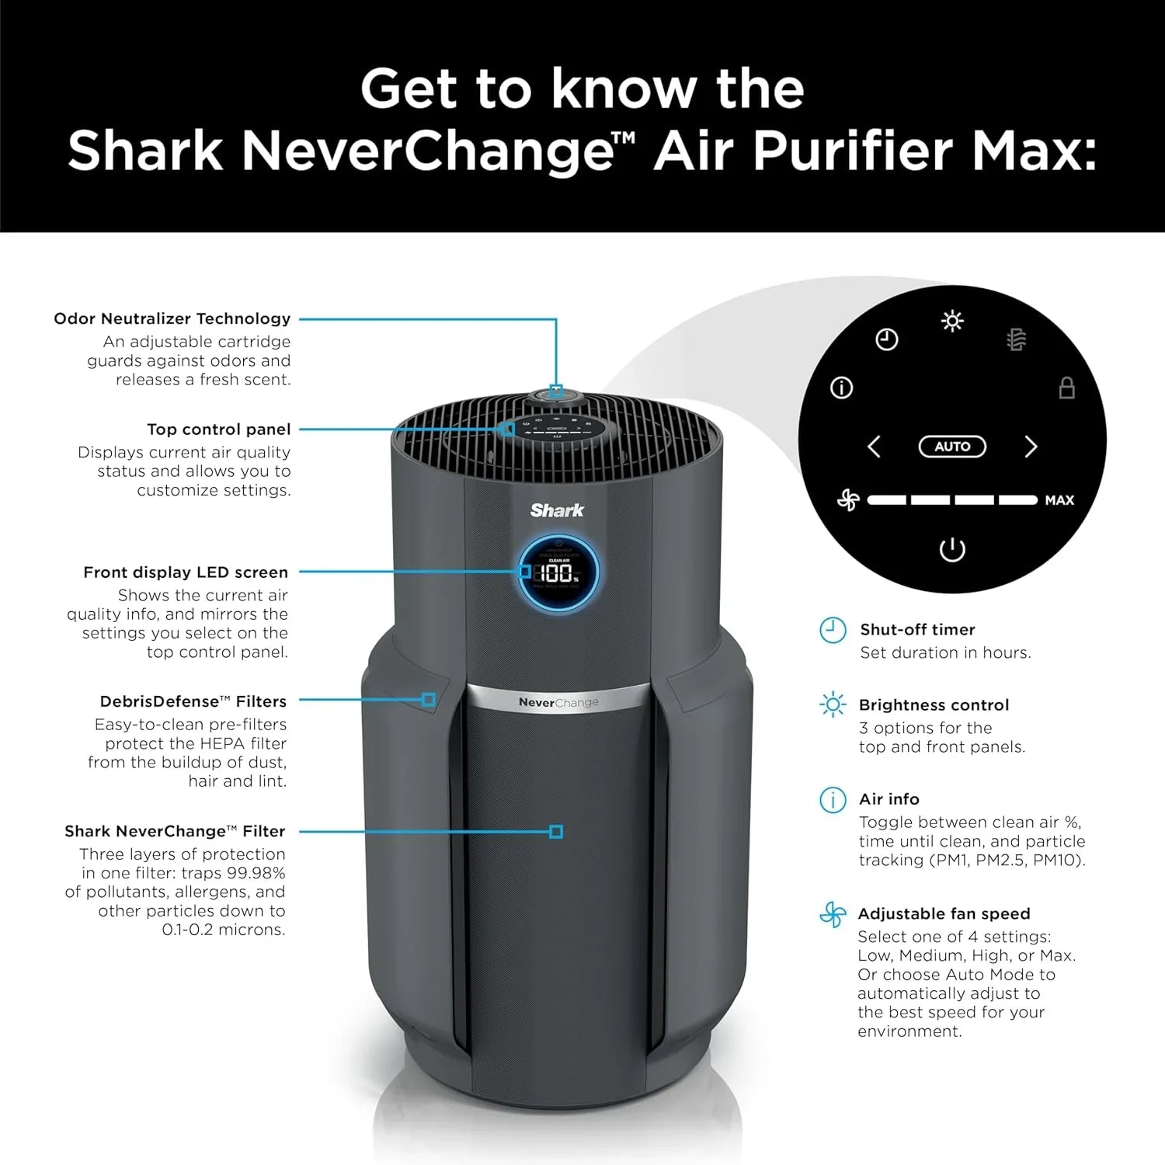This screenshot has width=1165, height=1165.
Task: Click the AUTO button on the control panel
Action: click(952, 447)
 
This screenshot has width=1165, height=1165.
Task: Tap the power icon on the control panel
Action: click(952, 549)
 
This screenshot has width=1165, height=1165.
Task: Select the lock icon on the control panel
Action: click(1067, 388)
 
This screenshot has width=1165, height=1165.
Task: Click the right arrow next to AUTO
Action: click(1031, 447)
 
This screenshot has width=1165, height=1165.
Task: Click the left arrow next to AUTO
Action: click(874, 447)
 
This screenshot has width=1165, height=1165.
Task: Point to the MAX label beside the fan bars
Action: click(1059, 500)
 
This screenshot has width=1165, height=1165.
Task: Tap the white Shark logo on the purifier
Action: click(557, 510)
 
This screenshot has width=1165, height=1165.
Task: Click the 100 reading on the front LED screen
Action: click(557, 574)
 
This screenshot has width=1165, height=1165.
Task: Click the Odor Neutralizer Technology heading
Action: click(172, 318)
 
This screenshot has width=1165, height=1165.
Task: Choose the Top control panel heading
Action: click(218, 429)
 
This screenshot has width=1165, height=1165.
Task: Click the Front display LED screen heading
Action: click(185, 572)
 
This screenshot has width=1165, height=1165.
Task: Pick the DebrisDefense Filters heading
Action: click(193, 701)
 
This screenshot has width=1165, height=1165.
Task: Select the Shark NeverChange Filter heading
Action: click(175, 831)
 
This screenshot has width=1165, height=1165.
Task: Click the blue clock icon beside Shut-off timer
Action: click(833, 630)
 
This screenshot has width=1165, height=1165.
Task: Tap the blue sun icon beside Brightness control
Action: click(833, 704)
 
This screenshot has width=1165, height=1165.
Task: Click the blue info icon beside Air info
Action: click(833, 799)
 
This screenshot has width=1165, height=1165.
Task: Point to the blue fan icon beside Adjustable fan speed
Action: click(833, 914)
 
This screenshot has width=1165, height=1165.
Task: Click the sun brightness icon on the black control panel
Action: click(952, 321)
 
